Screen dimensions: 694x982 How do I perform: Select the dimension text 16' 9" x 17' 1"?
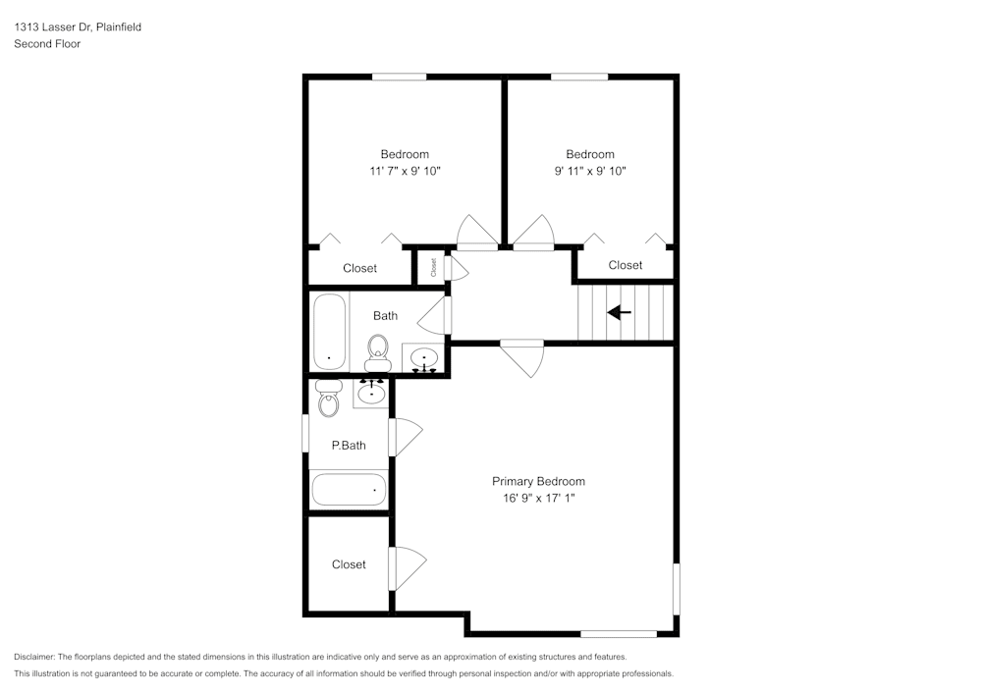click(538, 499)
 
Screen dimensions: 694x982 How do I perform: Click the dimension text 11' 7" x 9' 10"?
click(405, 171)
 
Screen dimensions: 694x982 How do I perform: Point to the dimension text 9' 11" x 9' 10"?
click(590, 171)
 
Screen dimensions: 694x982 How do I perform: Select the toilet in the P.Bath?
click(328, 398)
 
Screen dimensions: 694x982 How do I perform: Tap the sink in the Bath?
click(424, 358)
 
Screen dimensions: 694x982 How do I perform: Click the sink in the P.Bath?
click(371, 393)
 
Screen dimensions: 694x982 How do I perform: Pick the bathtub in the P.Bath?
click(349, 489)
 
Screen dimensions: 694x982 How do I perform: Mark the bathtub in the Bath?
click(328, 331)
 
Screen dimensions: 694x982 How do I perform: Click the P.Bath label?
click(349, 445)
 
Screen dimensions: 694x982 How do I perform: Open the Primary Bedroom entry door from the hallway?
click(522, 356)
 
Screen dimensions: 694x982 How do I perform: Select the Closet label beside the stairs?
click(625, 265)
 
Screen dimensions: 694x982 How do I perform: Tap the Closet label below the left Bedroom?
click(359, 268)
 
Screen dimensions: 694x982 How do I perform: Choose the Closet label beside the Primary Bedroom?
click(349, 564)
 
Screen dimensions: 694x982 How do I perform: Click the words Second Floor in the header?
click(46, 44)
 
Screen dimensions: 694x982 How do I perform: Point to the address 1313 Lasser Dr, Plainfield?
click(78, 27)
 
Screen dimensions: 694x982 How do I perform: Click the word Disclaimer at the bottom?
click(34, 657)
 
